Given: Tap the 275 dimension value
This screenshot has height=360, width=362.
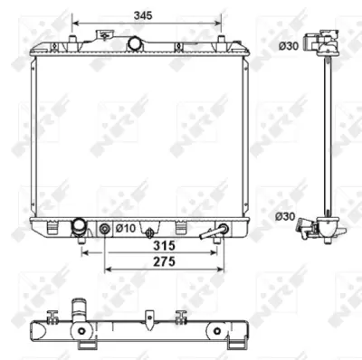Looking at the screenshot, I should point(162,261).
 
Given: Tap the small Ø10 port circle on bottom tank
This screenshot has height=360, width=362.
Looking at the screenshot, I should point(105,228).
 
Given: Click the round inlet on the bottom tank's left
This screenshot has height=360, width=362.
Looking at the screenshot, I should point(80,227).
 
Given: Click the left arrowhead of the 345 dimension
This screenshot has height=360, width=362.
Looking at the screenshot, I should point(77,23).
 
